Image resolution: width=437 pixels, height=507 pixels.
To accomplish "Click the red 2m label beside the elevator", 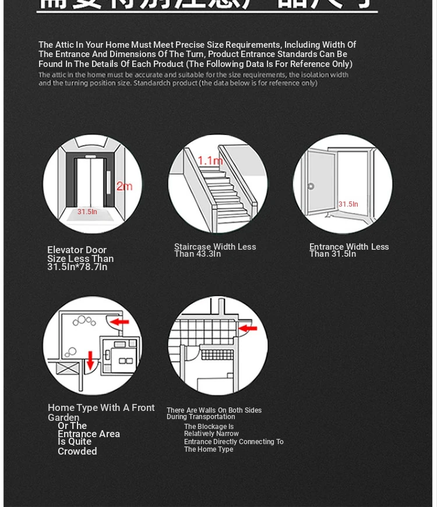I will [x=124, y=186].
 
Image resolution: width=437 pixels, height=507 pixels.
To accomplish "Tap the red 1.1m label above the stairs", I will [x=210, y=161].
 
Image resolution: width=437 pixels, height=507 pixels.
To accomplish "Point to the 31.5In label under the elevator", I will [x=87, y=212].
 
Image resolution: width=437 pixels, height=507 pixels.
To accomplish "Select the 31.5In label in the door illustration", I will [x=348, y=204].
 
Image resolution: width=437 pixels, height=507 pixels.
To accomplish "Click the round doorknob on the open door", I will [x=311, y=186].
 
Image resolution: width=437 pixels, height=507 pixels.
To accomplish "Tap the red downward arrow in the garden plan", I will [x=90, y=360].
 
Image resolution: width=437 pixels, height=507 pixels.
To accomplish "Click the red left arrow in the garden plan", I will [x=120, y=321].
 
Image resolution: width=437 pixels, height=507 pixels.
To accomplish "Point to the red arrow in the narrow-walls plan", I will [x=248, y=329].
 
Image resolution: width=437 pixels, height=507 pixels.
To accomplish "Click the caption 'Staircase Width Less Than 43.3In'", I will [x=215, y=250].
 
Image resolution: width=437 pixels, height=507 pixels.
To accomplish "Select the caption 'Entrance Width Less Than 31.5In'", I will [x=349, y=250].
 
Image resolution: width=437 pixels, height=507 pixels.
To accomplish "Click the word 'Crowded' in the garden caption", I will [x=77, y=452].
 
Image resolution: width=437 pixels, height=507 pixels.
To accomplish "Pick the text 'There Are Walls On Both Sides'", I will [x=214, y=410].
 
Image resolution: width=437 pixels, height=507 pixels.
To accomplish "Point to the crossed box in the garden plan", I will [x=69, y=368].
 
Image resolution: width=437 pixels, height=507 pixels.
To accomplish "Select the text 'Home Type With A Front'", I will [x=101, y=408].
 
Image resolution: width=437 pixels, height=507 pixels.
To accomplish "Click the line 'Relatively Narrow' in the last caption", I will [x=212, y=434].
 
